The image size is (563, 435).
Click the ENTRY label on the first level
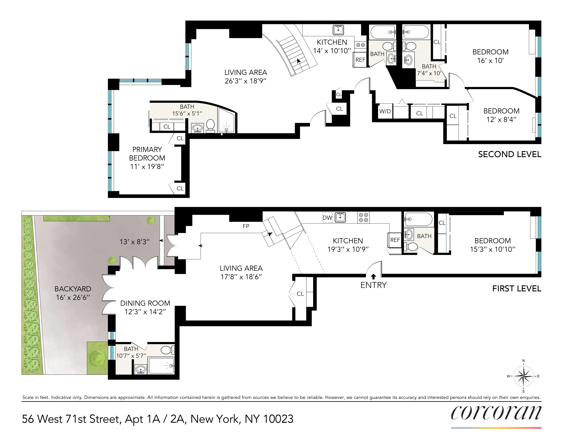[x=373, y=285]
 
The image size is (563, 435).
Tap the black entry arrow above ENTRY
[x=373, y=277]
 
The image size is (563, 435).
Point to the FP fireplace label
[x=246, y=226]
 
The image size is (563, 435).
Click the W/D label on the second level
[x=385, y=111]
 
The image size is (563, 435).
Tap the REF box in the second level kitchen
[x=360, y=60]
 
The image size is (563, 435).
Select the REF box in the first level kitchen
[x=395, y=240]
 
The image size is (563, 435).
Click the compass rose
[x=523, y=376]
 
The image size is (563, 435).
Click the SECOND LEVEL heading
[x=509, y=154]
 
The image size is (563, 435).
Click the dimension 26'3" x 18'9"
[x=245, y=81]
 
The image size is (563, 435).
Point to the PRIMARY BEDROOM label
[x=147, y=154]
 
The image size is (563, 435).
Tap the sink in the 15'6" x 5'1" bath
[x=197, y=128]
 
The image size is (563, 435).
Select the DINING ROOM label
[x=145, y=303]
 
